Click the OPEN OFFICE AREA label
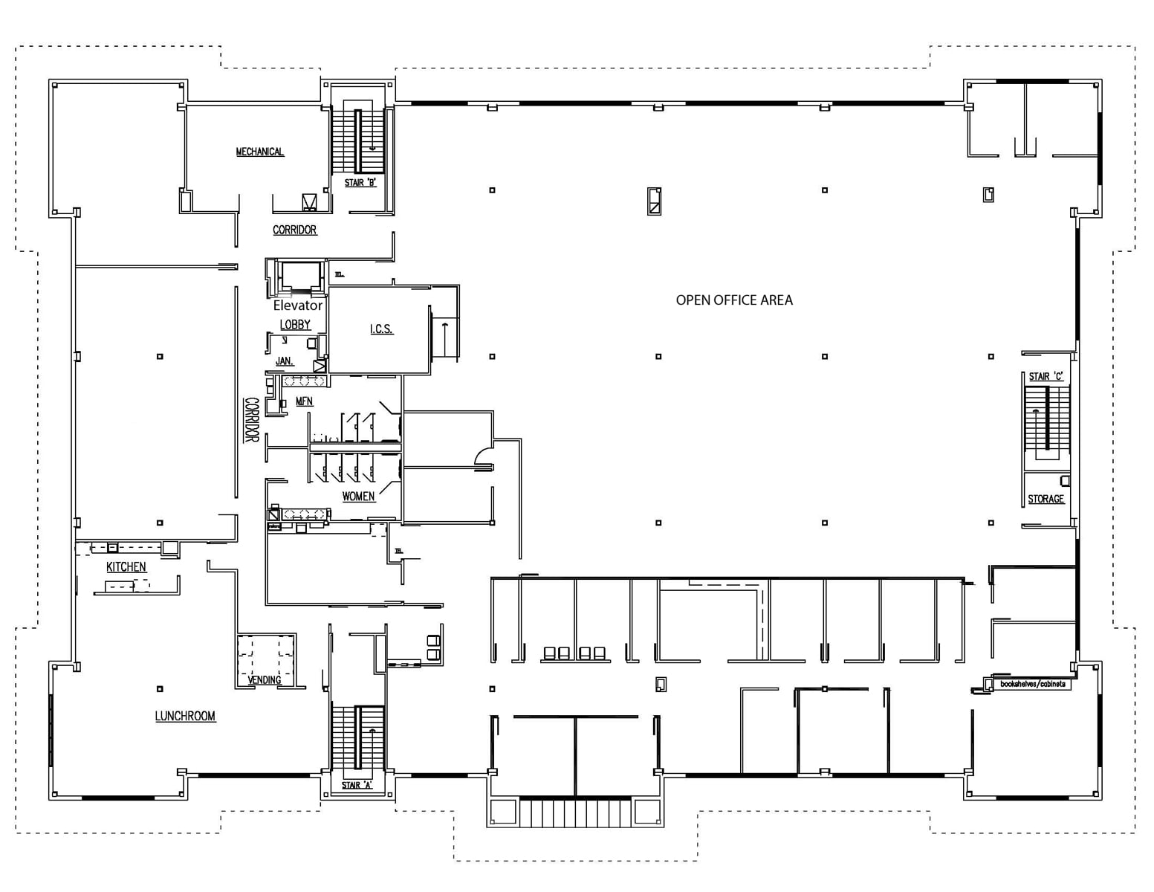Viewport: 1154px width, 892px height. [733, 300]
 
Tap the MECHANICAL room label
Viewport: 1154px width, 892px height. [259, 152]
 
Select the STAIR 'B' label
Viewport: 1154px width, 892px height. [360, 183]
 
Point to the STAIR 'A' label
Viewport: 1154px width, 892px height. [357, 785]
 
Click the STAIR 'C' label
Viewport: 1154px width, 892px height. [1046, 377]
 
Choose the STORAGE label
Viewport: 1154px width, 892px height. [1046, 499]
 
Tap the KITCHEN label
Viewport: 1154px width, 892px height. [126, 567]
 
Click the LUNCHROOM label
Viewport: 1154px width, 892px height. [185, 716]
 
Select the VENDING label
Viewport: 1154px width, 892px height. [265, 679]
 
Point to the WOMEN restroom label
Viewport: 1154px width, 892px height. [358, 497]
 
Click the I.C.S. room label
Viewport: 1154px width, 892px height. [381, 329]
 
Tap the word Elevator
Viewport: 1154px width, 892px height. [297, 306]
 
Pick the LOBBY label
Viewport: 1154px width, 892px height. [295, 325]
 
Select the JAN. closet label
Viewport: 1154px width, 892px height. [285, 361]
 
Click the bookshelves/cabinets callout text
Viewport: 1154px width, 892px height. [1032, 684]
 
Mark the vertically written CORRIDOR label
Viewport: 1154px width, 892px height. [251, 420]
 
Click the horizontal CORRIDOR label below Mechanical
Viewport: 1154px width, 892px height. [294, 230]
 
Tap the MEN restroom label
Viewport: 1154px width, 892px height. [305, 401]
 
